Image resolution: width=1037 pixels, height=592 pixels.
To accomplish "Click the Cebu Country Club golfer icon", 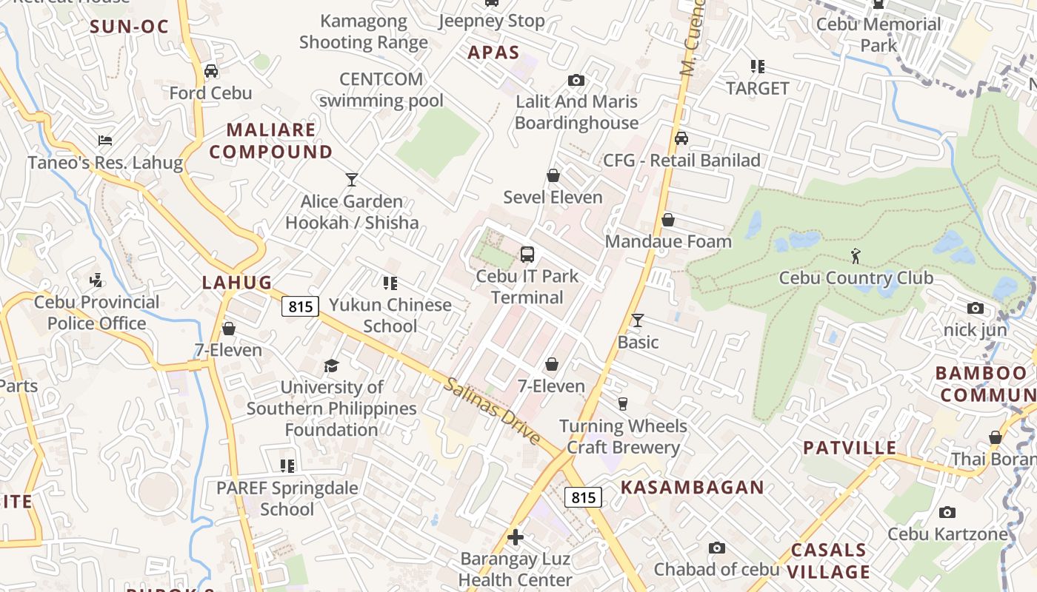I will pyautogui.click(x=856, y=256).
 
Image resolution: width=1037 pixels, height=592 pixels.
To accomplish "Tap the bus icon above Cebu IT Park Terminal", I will pyautogui.click(x=527, y=255).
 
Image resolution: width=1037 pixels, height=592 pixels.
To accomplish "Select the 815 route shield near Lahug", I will pyautogui.click(x=300, y=306).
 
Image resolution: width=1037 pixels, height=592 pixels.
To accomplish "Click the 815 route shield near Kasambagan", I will pyautogui.click(x=584, y=497).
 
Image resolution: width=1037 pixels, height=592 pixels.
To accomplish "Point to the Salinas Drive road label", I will pyautogui.click(x=493, y=411).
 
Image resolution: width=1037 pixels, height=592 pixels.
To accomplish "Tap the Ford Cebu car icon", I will pyautogui.click(x=211, y=71).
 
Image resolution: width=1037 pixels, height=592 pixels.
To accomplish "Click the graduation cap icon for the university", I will pyautogui.click(x=331, y=366).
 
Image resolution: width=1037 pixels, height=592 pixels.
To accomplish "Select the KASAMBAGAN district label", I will pyautogui.click(x=692, y=487).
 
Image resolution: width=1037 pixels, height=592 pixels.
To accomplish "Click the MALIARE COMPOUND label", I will pyautogui.click(x=270, y=141).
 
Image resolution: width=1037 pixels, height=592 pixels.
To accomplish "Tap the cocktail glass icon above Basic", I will pyautogui.click(x=638, y=320).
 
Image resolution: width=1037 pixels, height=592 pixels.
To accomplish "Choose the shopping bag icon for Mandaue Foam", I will pyautogui.click(x=668, y=220).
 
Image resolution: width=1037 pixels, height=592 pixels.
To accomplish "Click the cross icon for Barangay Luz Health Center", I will pyautogui.click(x=516, y=536).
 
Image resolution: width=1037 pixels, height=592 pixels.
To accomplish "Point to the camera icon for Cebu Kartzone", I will pyautogui.click(x=947, y=512).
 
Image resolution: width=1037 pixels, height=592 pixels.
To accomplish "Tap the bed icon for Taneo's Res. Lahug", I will pyautogui.click(x=105, y=141).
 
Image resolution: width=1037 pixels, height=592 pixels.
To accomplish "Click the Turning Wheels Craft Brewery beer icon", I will pyautogui.click(x=622, y=404).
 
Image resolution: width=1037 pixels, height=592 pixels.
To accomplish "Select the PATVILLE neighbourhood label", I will pyautogui.click(x=850, y=448).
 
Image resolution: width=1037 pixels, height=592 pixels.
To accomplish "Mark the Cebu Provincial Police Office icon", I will pyautogui.click(x=96, y=280).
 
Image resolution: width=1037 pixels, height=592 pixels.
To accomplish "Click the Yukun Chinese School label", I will pyautogui.click(x=390, y=315).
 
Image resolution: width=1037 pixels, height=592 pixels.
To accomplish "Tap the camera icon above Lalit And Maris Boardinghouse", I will pyautogui.click(x=576, y=80).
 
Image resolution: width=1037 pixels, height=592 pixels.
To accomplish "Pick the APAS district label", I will pyautogui.click(x=493, y=53).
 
